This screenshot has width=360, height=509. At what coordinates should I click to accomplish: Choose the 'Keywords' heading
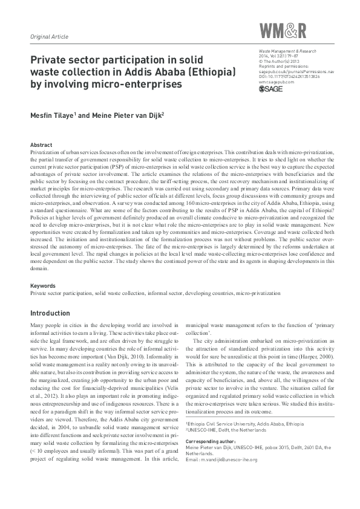click(43, 285)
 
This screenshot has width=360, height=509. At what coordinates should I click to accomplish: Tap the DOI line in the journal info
click(289, 77)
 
